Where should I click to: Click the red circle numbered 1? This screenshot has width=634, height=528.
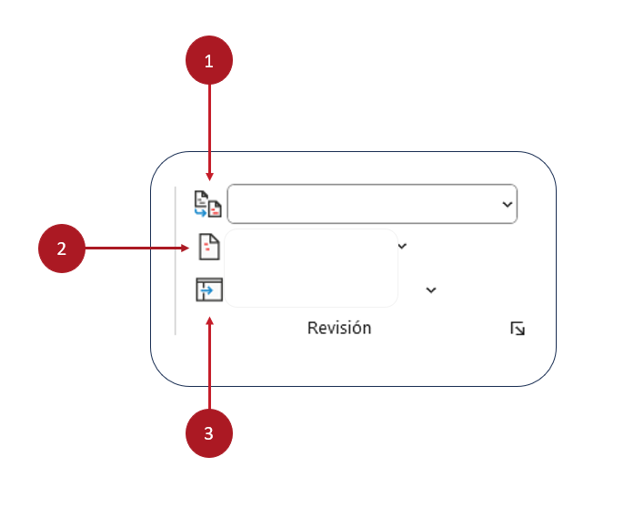209,62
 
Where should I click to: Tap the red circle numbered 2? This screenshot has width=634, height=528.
61,249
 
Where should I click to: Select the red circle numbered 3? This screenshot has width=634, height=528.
209,433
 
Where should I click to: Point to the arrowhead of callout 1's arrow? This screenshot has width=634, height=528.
210,177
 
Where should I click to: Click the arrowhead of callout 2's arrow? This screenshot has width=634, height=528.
190,247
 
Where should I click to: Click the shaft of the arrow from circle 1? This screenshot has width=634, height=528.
210,127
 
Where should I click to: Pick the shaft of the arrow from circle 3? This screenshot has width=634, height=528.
210,364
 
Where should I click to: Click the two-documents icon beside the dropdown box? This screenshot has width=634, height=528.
207,203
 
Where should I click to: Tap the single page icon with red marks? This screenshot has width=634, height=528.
209,247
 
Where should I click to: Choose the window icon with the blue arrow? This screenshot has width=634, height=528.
209,290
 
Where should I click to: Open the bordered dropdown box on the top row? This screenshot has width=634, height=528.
364,204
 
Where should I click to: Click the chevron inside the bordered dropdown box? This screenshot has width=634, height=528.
507,205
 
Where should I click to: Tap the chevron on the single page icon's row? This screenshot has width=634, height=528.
402,245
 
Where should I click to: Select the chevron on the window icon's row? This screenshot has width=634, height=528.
431,290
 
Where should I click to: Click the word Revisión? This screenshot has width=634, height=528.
339,329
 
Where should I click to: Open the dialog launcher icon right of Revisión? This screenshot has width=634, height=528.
518,329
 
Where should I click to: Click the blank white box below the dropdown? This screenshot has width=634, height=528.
311,269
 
